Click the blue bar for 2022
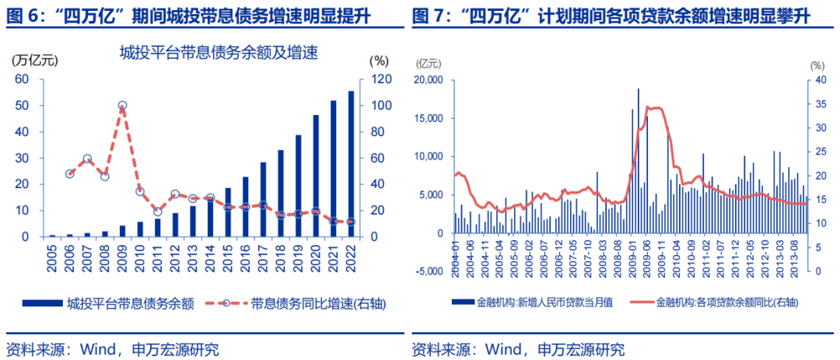pos(351,164)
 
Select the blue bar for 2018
pos(280,193)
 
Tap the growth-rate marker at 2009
pos(122,105)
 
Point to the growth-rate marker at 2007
pos(87,159)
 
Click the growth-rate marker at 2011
pos(157,211)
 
